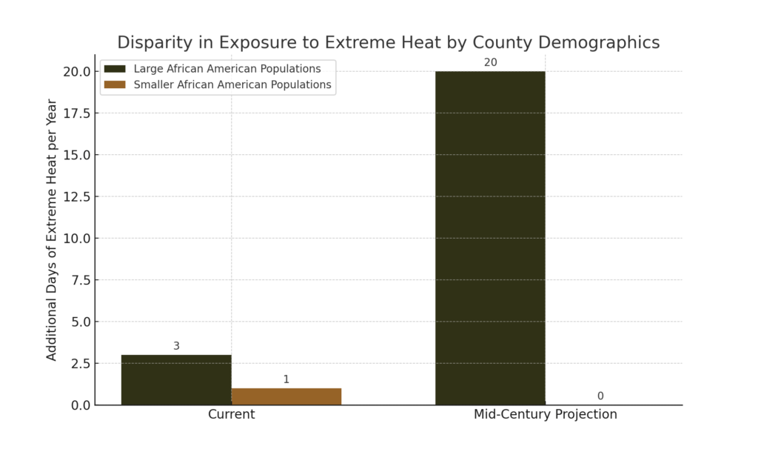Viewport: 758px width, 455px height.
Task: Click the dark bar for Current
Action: [176, 379]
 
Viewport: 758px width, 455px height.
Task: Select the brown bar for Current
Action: [286, 396]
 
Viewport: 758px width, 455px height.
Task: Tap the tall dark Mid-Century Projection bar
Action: [490, 238]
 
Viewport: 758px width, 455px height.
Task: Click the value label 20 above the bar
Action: [490, 62]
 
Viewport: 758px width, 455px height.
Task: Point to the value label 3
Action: [176, 346]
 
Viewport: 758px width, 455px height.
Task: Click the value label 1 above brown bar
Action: [286, 379]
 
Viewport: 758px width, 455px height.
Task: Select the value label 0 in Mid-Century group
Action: [600, 396]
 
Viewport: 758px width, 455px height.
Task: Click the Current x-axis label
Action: [231, 414]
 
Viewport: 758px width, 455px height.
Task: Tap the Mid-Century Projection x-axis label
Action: [545, 414]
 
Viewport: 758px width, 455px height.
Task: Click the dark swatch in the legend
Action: [115, 69]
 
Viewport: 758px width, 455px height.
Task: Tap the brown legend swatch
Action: [115, 84]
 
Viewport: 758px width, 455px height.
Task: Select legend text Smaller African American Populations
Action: [232, 84]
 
